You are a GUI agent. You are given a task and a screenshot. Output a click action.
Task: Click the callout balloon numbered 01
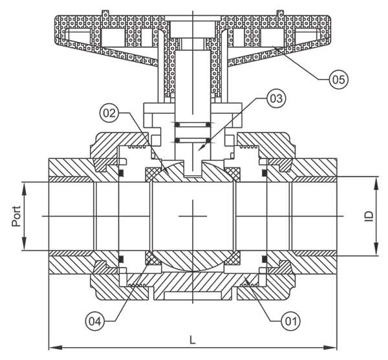click(x=291, y=322)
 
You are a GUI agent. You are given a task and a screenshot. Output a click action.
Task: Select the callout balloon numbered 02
click(x=109, y=113)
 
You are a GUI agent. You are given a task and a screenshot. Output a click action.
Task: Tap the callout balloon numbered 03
click(x=276, y=99)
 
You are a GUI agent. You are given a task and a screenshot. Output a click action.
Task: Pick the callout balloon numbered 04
click(x=95, y=322)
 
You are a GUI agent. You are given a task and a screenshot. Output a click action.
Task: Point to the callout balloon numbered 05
click(x=339, y=79)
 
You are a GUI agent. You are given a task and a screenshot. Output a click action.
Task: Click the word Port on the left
click(x=16, y=216)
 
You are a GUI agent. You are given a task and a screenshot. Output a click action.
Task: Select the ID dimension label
click(x=369, y=216)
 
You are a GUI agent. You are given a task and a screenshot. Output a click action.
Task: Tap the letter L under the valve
click(x=193, y=340)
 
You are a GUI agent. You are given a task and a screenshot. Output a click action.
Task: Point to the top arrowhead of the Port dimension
click(x=24, y=189)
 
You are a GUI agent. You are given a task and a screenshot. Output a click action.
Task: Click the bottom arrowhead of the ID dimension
click(x=376, y=248)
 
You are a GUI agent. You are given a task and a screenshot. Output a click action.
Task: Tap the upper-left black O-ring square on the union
click(x=121, y=173)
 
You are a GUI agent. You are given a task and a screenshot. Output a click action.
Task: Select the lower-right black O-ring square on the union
click(x=264, y=259)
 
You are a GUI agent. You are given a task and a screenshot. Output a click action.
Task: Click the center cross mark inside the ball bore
click(x=193, y=217)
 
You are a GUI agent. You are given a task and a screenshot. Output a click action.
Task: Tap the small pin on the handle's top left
click(x=105, y=14)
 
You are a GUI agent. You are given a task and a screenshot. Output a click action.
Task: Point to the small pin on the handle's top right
click(x=280, y=14)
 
